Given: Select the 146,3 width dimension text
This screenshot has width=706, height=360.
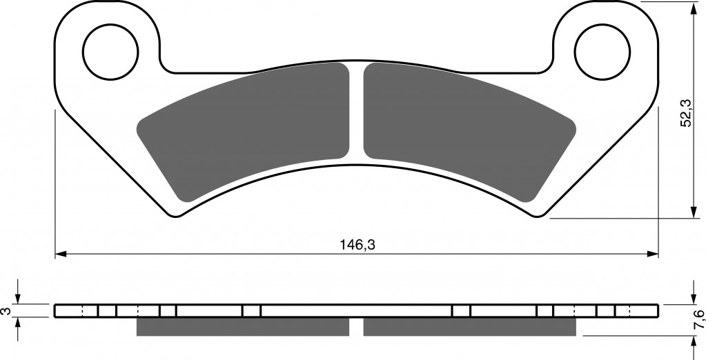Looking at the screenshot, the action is pyautogui.click(x=357, y=245).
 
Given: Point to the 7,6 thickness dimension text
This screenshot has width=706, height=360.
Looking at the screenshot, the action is pyautogui.click(x=699, y=319).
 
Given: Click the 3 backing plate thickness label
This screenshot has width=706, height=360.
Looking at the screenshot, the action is pyautogui.click(x=6, y=311).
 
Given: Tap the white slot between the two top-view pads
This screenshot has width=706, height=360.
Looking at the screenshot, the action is pyautogui.click(x=356, y=112).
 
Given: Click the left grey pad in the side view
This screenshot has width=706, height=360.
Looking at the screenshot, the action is pyautogui.click(x=243, y=327).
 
